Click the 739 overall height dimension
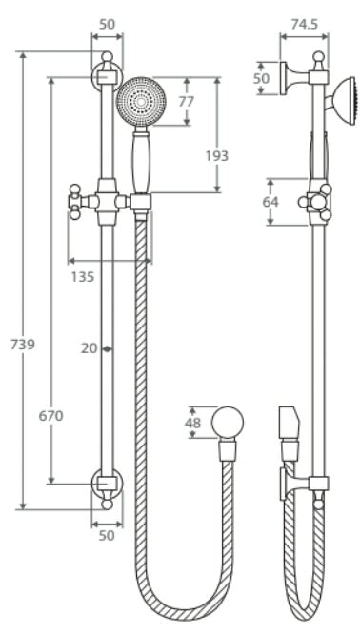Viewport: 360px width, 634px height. (x=23, y=345)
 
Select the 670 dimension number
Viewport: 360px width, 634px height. (x=51, y=416)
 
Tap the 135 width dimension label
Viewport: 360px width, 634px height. (x=83, y=277)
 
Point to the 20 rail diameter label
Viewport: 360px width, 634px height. (x=89, y=348)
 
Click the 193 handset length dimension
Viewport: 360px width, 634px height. (x=217, y=156)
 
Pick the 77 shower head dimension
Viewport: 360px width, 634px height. (x=187, y=101)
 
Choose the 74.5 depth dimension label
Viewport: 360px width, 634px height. (x=304, y=24)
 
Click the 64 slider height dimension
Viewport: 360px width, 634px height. (x=270, y=202)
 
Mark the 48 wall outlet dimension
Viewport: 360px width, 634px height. (x=192, y=423)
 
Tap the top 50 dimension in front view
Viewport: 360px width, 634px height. (x=108, y=24)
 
